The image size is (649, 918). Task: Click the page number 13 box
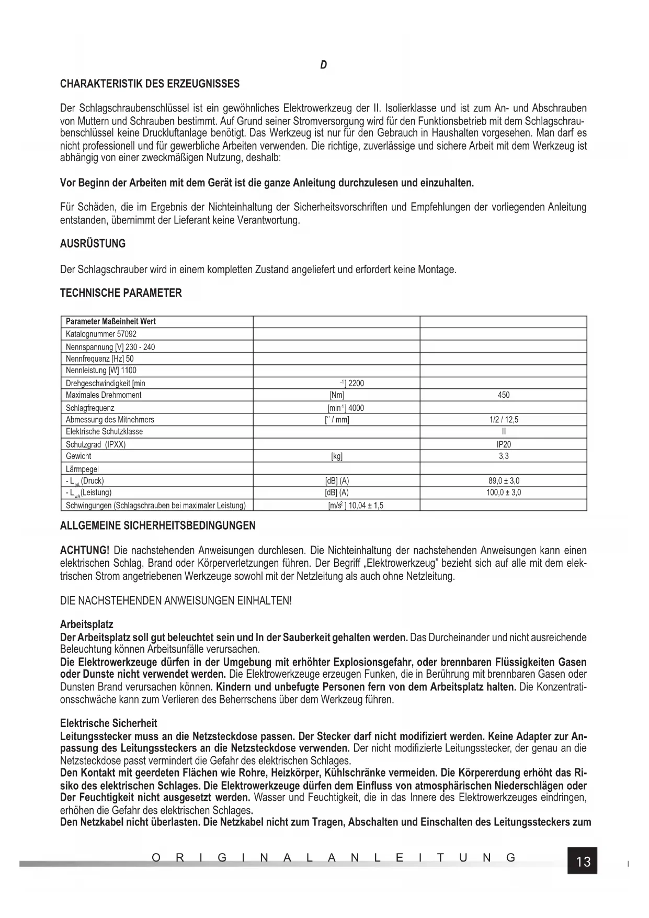[x=582, y=861]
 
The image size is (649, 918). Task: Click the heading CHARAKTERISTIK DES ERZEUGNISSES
[x=150, y=84]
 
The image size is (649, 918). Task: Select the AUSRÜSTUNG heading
[x=93, y=243]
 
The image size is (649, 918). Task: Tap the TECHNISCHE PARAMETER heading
[x=121, y=293]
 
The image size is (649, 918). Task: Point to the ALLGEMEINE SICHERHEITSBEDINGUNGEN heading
[x=157, y=525]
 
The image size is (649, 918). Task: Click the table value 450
[x=503, y=395]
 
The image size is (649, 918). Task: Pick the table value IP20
[x=503, y=444]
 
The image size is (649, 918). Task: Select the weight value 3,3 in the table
[x=503, y=456]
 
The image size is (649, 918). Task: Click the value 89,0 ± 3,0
[x=503, y=480]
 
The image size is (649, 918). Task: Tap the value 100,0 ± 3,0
[x=503, y=492]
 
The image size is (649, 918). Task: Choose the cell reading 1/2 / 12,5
[x=503, y=420]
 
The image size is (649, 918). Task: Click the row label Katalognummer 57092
[x=101, y=334]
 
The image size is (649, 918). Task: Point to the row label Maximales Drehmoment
[x=103, y=395]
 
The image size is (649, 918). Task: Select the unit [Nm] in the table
[x=336, y=395]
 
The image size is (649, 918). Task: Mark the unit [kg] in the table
[x=336, y=456]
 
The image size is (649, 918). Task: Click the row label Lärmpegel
[x=82, y=469]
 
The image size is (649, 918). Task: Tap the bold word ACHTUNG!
[x=85, y=551]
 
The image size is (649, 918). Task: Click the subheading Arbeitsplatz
[x=87, y=625]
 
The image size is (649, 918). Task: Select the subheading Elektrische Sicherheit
[x=108, y=723]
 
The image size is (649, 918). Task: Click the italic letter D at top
[x=324, y=65]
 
